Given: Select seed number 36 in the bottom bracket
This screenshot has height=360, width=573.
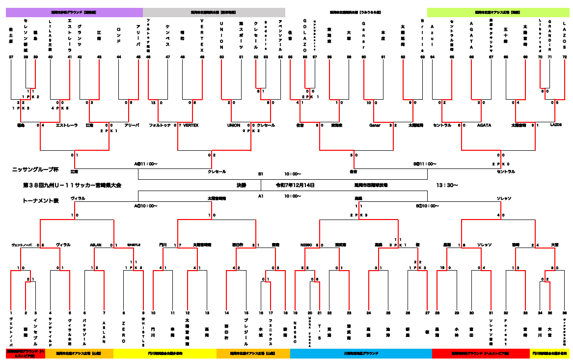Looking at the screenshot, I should (565, 312).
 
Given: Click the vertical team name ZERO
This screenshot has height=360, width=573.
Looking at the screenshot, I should (124, 332).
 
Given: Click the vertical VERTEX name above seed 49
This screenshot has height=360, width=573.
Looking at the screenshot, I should (202, 35).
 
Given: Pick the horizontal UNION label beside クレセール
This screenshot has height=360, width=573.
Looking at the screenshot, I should (233, 125).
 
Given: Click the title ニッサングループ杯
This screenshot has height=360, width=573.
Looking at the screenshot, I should (35, 169).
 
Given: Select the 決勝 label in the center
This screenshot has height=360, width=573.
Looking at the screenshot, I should (241, 185).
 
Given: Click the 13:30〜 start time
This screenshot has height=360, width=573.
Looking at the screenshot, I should (447, 185).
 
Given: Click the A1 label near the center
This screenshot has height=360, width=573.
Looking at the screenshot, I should (261, 196).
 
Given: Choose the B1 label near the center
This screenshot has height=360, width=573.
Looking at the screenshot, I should (261, 174).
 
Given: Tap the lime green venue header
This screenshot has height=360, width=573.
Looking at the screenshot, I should (497, 12).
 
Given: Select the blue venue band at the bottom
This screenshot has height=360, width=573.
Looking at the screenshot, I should (361, 353).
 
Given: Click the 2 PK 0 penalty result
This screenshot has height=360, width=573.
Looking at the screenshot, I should (500, 164).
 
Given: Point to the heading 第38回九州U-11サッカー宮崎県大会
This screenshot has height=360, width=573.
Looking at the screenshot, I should (72, 185).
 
